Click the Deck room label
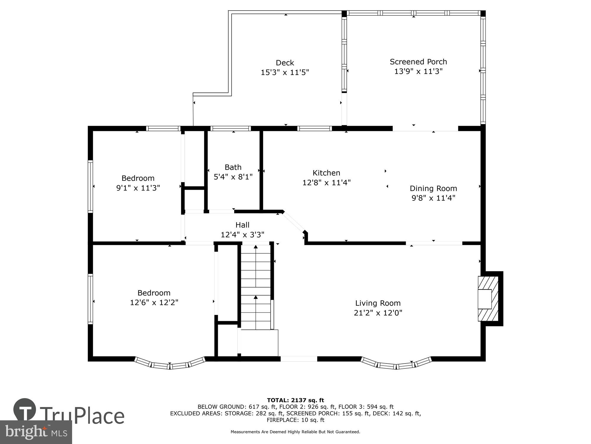285,63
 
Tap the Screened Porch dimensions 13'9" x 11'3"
418,71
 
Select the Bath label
233,167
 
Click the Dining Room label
433,189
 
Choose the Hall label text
242,225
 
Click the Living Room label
378,303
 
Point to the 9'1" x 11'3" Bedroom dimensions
138,188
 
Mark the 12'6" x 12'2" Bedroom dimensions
154,303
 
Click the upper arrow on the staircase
256,247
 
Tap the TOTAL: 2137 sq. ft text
295,400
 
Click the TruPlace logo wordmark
82,416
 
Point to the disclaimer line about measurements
295,432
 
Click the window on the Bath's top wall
231,128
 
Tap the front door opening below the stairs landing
298,359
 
